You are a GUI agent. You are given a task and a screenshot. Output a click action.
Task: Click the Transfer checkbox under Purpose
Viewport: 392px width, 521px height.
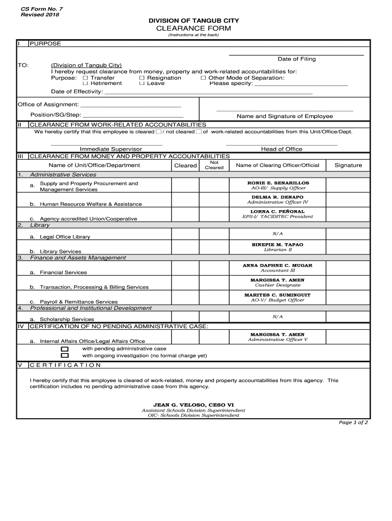(86, 78)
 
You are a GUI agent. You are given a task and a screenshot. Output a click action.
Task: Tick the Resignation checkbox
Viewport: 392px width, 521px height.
(142, 78)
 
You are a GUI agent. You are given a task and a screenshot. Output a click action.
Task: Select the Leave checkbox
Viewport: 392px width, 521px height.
(142, 83)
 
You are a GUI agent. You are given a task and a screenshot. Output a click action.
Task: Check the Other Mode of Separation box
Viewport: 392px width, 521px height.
(203, 78)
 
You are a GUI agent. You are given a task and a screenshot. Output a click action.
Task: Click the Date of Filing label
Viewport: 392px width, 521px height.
(296, 59)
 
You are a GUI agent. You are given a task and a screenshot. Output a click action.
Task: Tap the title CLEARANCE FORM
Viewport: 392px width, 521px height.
(193, 28)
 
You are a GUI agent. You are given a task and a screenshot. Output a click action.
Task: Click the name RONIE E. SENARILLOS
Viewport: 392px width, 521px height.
(278, 183)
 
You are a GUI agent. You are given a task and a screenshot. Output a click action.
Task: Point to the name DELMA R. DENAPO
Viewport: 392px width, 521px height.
(277, 197)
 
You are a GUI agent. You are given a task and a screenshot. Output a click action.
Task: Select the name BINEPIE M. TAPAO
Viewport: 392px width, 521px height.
(277, 245)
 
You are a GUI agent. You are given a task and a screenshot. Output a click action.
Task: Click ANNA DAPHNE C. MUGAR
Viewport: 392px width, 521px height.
(277, 266)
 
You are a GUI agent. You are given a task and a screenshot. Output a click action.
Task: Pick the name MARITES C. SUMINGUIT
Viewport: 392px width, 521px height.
(277, 295)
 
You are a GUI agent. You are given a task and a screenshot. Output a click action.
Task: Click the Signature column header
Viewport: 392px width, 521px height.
(348, 165)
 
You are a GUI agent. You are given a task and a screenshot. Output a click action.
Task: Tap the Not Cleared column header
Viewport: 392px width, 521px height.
(214, 165)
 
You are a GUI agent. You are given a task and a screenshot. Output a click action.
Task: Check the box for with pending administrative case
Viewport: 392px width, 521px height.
(65, 349)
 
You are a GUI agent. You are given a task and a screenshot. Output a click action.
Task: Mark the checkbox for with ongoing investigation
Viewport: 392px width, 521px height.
(65, 356)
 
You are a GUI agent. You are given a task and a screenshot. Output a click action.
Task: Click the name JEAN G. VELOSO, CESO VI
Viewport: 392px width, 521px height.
(193, 405)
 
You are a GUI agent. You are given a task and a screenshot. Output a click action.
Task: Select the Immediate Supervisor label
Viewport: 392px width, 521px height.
(110, 149)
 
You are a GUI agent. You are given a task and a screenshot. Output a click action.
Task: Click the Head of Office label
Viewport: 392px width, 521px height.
(282, 149)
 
